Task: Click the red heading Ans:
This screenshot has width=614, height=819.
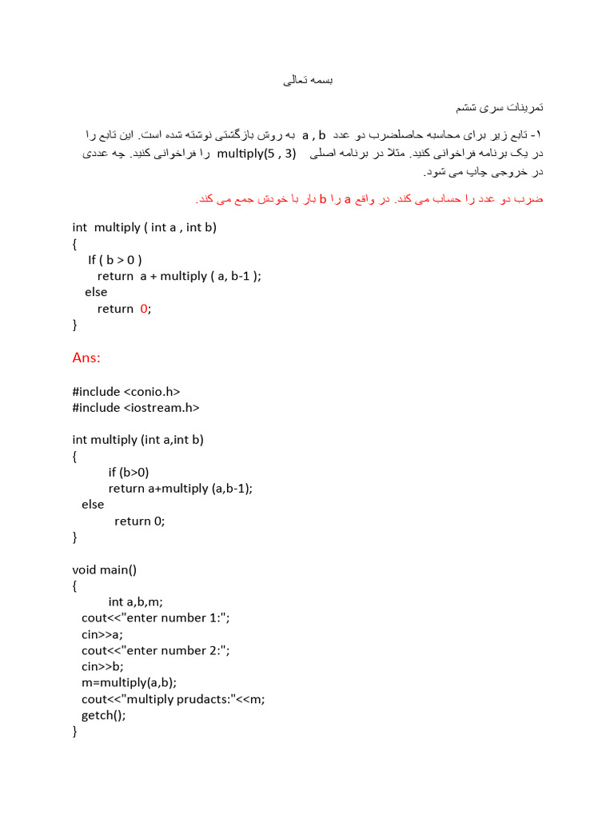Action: tap(86, 358)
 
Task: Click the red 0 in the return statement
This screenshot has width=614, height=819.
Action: tap(144, 309)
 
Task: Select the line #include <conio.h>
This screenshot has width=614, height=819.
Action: tap(126, 391)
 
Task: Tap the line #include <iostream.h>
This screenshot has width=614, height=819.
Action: tap(135, 407)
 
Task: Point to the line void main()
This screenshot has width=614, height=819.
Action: tap(104, 569)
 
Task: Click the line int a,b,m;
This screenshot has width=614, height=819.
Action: tap(141, 601)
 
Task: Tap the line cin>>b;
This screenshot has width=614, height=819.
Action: tap(102, 666)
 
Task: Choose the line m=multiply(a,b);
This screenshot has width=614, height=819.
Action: tap(129, 682)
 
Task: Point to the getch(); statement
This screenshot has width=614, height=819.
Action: tap(103, 715)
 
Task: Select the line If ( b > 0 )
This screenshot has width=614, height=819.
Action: tap(115, 260)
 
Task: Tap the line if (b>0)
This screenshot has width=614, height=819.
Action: tap(129, 472)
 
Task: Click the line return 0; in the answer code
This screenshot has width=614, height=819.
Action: tap(139, 521)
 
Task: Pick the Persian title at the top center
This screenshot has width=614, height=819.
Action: tap(307, 81)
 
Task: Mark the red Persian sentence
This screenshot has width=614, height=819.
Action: tap(369, 198)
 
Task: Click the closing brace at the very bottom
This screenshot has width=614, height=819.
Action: tap(74, 731)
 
